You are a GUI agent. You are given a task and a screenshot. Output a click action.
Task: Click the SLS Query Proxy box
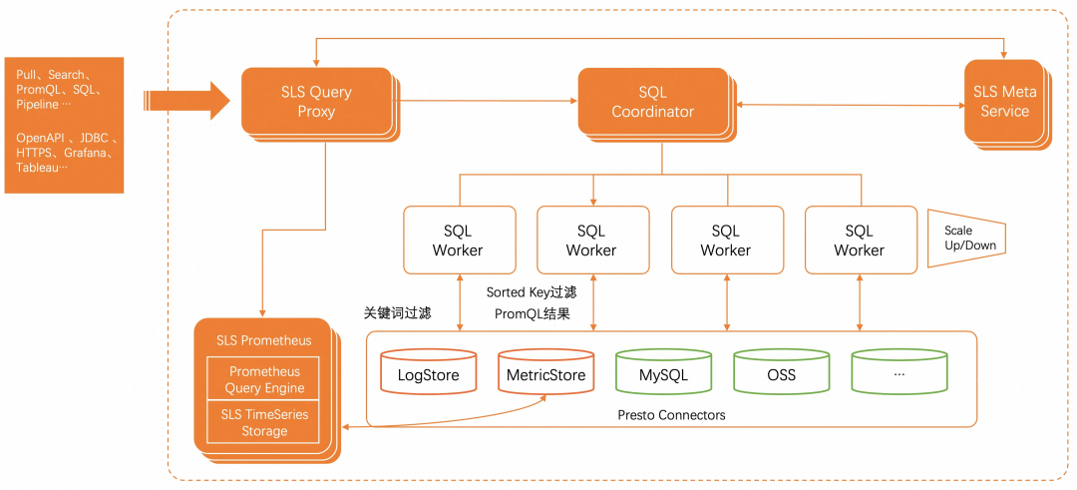[x=316, y=101]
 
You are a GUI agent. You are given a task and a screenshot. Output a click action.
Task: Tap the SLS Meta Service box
[x=1004, y=101]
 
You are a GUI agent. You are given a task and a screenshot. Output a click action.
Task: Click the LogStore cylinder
[x=428, y=374]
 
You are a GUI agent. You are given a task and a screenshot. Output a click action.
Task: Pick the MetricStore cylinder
[x=545, y=374]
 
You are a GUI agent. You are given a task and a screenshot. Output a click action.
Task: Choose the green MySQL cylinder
[x=663, y=374]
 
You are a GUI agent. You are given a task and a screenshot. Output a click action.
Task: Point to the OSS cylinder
[x=781, y=374]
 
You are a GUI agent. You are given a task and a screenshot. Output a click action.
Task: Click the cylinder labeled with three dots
[x=898, y=374]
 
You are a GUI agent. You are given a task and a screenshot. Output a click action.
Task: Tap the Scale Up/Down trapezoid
[x=962, y=238]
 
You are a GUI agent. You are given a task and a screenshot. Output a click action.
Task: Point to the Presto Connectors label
[x=671, y=414]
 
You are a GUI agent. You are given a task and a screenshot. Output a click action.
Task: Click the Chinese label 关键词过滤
[x=397, y=312]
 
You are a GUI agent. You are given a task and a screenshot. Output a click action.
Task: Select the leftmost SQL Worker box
[x=459, y=240]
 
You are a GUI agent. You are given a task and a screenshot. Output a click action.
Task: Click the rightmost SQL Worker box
[x=860, y=240]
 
